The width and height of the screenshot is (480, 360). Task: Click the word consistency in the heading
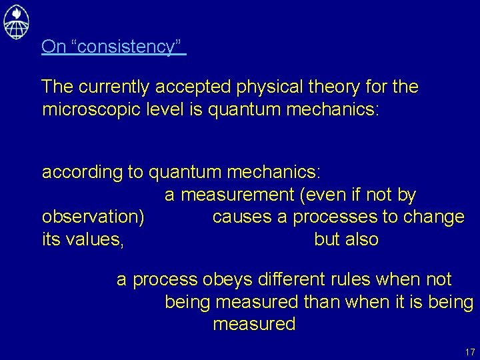pyautogui.click(x=127, y=47)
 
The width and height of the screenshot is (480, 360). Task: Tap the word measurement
pyautogui.click(x=237, y=195)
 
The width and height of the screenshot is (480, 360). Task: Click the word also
pyautogui.click(x=363, y=239)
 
